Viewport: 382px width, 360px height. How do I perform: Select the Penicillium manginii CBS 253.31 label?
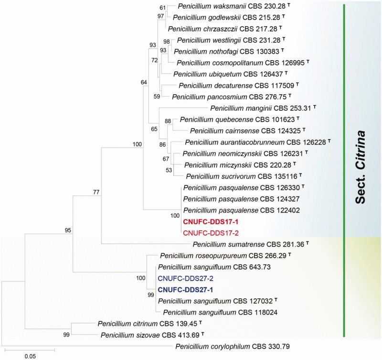click(259, 109)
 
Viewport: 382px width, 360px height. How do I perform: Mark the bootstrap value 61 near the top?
click(163, 8)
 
